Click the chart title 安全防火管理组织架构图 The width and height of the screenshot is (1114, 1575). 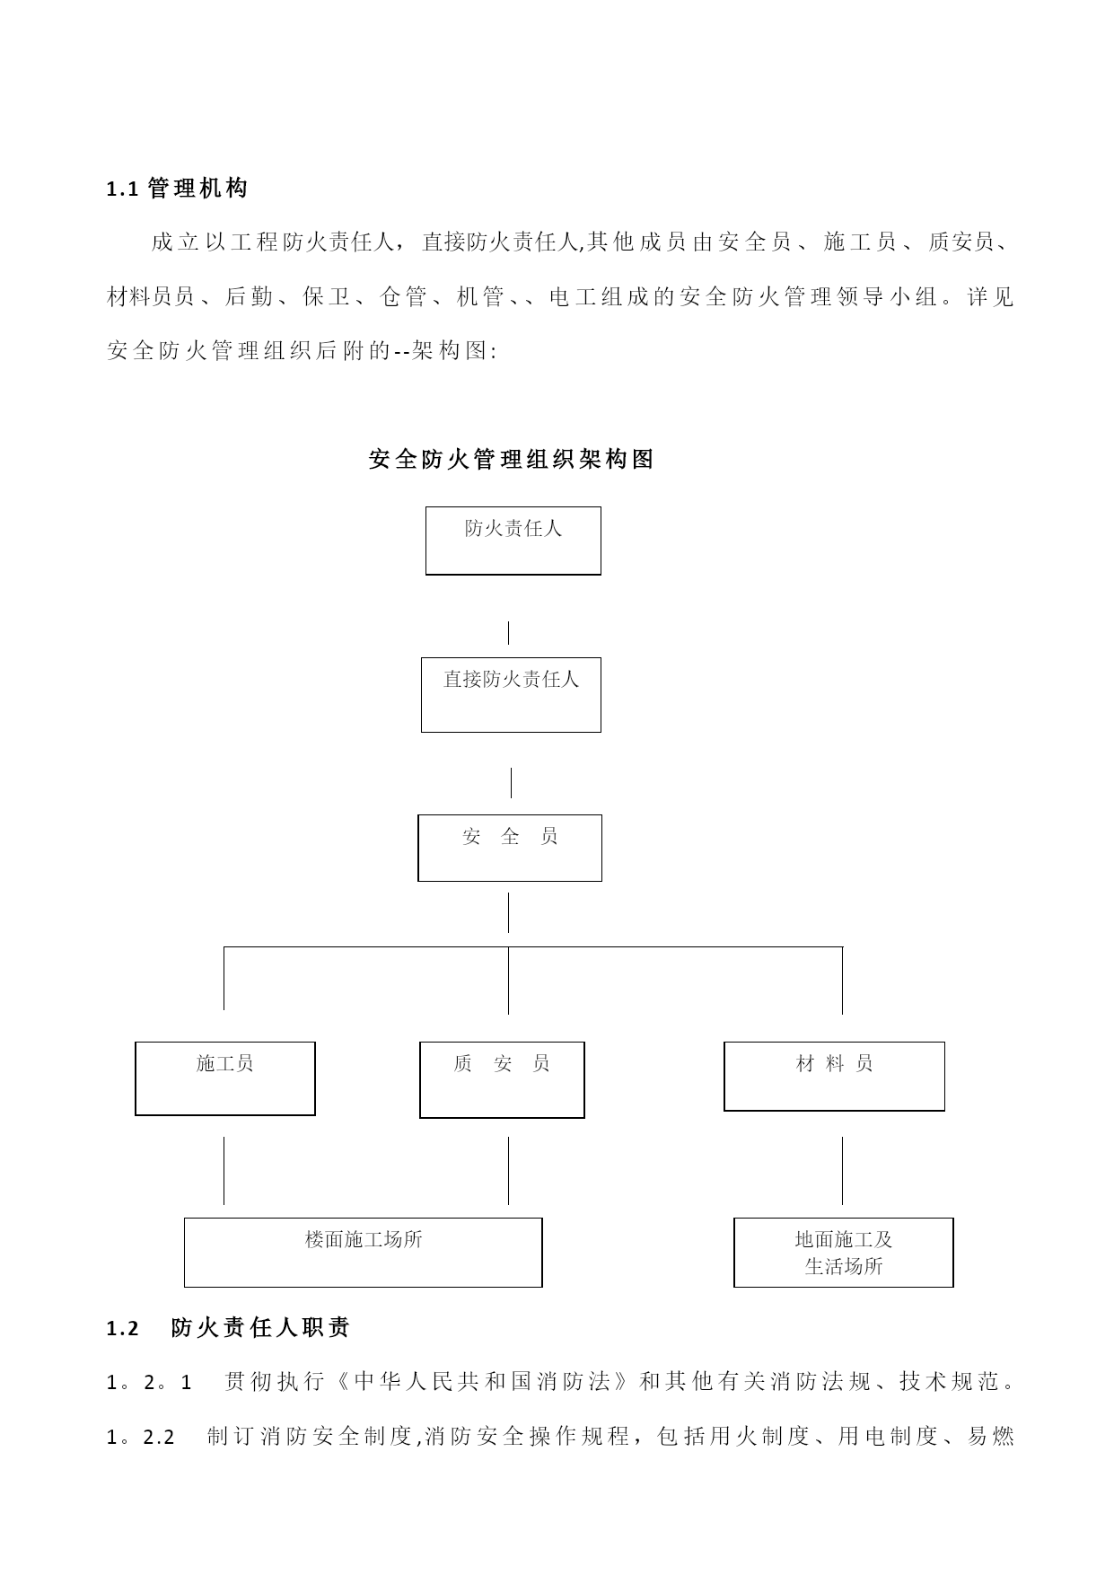pos(512,460)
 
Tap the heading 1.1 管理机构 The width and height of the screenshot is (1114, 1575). pos(177,189)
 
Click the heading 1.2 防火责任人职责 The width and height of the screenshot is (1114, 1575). pos(228,1328)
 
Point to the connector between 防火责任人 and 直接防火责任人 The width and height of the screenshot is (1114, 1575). pos(509,632)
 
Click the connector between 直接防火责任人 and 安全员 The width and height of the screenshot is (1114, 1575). pos(512,782)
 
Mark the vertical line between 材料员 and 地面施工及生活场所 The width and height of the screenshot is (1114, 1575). pos(842,1170)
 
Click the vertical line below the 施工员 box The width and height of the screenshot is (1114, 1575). pos(224,1170)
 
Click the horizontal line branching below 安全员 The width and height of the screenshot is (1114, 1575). pos(533,946)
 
